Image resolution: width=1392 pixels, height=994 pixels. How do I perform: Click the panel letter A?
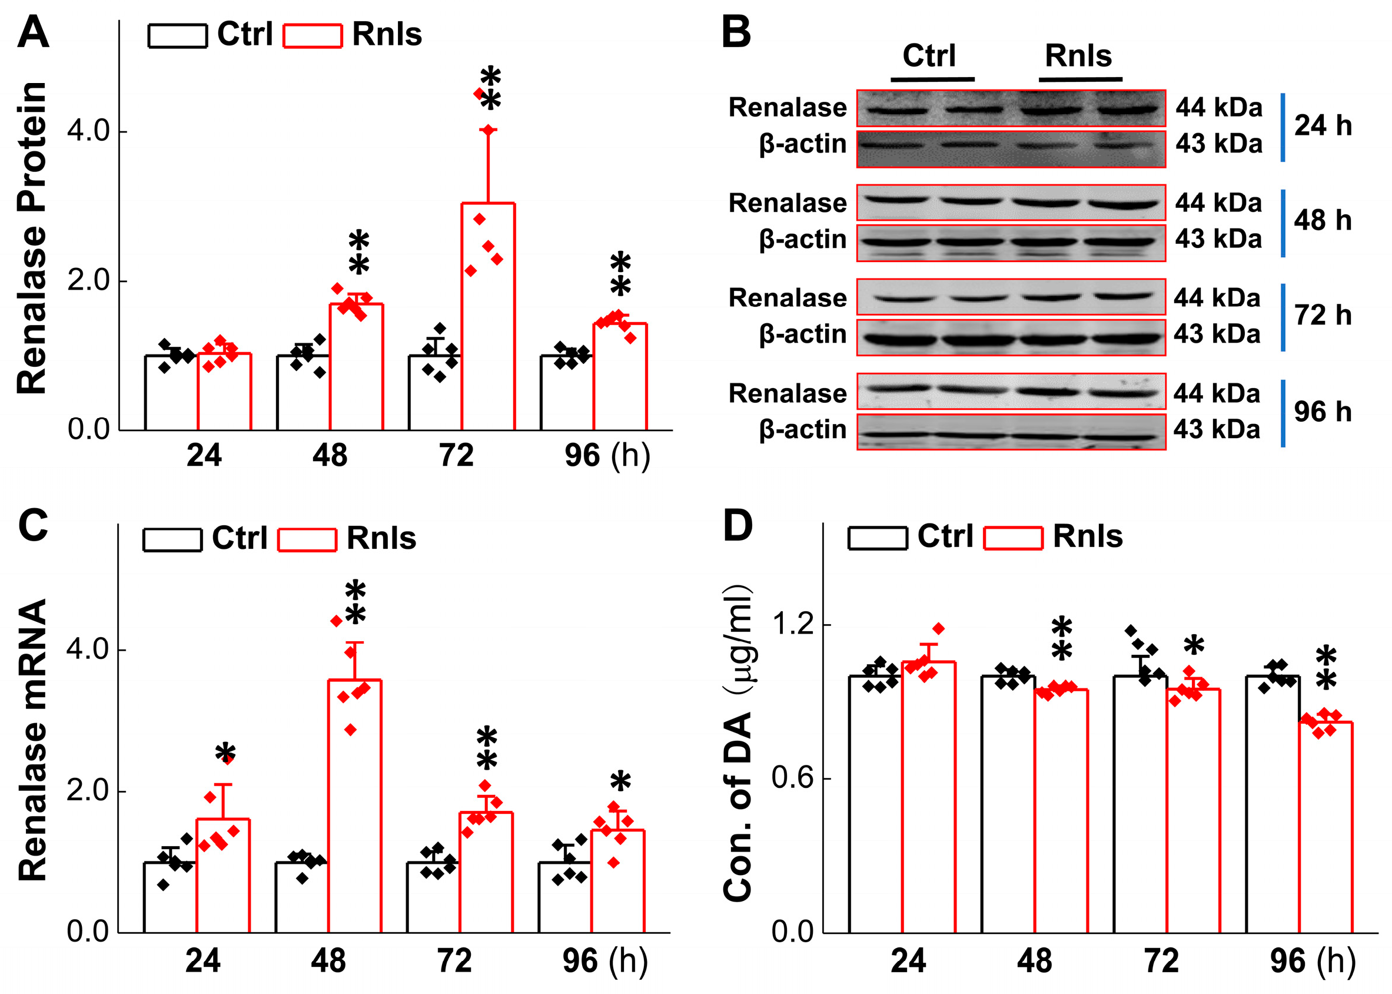pos(33,32)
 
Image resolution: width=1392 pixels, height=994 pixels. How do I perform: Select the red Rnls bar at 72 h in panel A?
pos(488,318)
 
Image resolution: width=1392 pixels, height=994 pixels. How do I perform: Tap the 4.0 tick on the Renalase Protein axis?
pos(88,130)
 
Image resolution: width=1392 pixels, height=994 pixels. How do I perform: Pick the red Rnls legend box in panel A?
pos(312,35)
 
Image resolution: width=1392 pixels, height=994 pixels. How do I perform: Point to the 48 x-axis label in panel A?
pos(330,456)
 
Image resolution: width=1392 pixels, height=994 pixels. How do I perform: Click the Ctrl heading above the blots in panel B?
pos(928,57)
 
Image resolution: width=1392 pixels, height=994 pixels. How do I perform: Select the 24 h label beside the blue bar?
pos(1323,125)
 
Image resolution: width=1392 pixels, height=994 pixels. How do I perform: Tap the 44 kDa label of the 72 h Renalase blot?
pos(1217,298)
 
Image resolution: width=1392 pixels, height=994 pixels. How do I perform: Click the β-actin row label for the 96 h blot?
pos(802,430)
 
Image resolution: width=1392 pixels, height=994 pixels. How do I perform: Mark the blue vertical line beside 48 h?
pos(1283,223)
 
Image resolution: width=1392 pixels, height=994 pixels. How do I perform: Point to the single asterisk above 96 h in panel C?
pos(620,782)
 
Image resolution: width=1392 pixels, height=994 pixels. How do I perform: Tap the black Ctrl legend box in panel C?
pos(172,540)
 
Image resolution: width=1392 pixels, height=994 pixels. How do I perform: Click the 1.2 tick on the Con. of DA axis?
pos(793,624)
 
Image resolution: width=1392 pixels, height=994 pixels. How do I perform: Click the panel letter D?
pos(737,525)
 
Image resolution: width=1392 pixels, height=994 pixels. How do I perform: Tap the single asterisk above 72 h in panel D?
pos(1193,647)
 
